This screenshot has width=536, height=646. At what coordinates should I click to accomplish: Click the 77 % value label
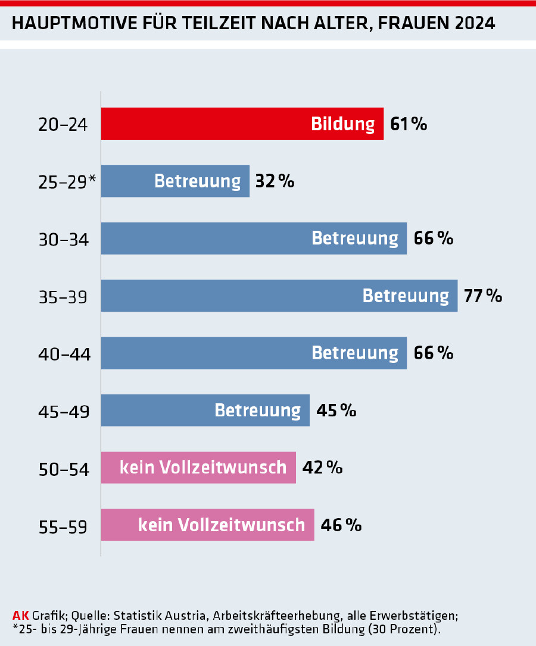(483, 296)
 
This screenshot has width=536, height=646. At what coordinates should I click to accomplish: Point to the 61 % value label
(409, 124)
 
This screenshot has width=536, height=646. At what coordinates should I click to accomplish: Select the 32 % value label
(275, 181)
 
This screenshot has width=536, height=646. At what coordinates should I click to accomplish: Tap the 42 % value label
(322, 468)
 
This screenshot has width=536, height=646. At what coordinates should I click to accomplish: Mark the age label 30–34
(63, 240)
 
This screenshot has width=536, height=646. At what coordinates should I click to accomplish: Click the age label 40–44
(63, 355)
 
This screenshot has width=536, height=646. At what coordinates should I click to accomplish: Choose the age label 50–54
(63, 469)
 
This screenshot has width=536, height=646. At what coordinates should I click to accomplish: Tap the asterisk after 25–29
(92, 178)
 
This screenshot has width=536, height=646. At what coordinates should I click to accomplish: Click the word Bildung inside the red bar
(343, 124)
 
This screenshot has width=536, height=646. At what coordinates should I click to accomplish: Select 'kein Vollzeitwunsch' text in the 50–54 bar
(203, 468)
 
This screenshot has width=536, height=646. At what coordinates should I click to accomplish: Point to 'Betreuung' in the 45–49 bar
(257, 410)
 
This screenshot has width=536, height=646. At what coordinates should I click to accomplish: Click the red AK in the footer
(20, 615)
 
